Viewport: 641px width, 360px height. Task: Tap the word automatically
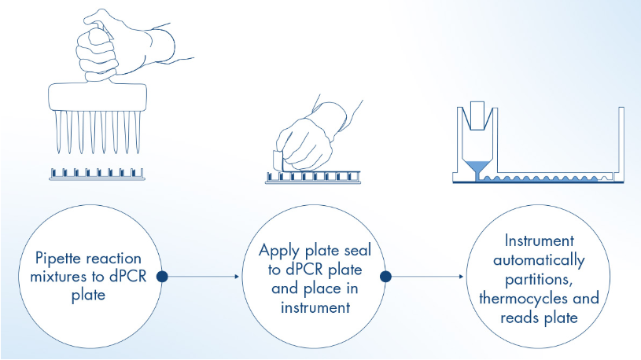click(x=541, y=260)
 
